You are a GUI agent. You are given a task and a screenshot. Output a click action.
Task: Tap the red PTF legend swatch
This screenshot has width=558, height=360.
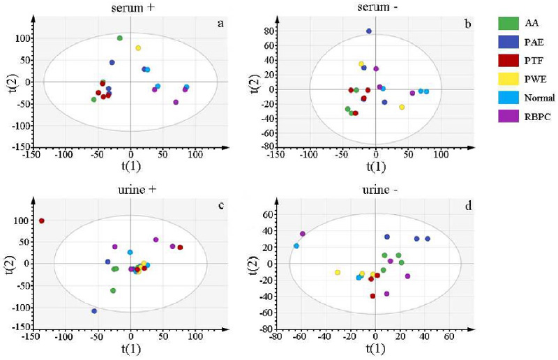click(x=507, y=62)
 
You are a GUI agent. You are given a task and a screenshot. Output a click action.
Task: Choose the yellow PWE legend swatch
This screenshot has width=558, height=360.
click(x=507, y=80)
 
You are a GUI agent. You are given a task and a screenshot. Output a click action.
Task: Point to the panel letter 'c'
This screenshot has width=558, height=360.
click(x=220, y=204)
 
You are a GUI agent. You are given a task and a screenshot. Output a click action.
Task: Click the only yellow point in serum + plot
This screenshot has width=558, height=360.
click(x=138, y=48)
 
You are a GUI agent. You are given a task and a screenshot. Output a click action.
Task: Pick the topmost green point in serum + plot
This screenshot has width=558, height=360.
click(x=120, y=38)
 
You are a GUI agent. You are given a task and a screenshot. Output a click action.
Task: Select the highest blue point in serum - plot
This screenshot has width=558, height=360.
click(x=369, y=31)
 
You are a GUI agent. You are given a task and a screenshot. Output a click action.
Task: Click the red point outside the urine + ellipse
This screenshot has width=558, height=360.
click(x=42, y=221)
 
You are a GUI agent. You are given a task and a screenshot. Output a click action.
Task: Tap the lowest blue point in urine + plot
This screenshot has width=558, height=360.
click(x=94, y=311)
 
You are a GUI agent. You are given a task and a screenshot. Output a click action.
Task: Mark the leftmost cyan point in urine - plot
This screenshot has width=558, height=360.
click(x=296, y=246)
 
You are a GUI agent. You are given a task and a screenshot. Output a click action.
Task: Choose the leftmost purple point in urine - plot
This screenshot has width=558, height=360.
click(x=303, y=234)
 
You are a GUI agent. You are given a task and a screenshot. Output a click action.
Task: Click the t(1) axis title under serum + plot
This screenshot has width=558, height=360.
click(x=130, y=166)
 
